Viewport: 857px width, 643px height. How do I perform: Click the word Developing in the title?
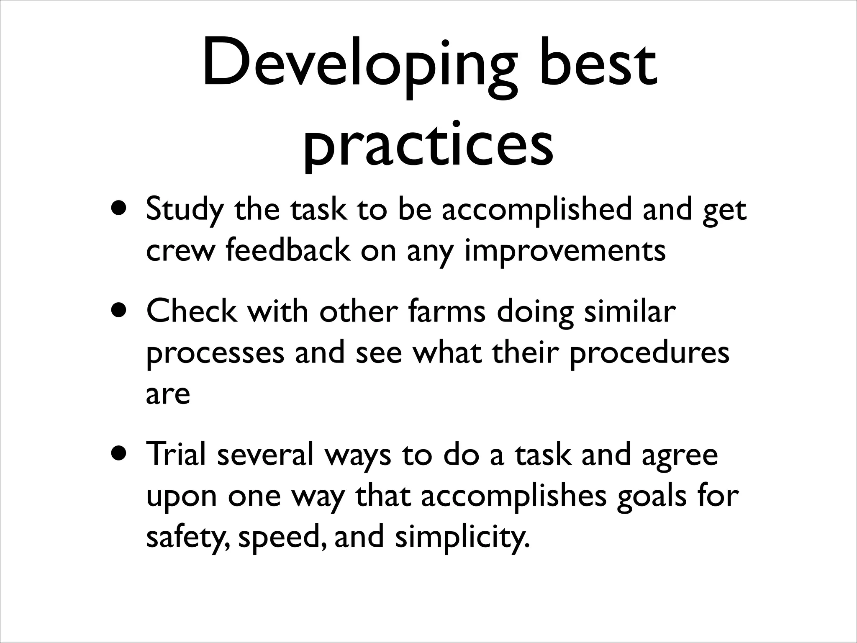(x=360, y=67)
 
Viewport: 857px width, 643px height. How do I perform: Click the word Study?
(x=185, y=211)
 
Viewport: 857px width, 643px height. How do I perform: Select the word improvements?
(x=565, y=251)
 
